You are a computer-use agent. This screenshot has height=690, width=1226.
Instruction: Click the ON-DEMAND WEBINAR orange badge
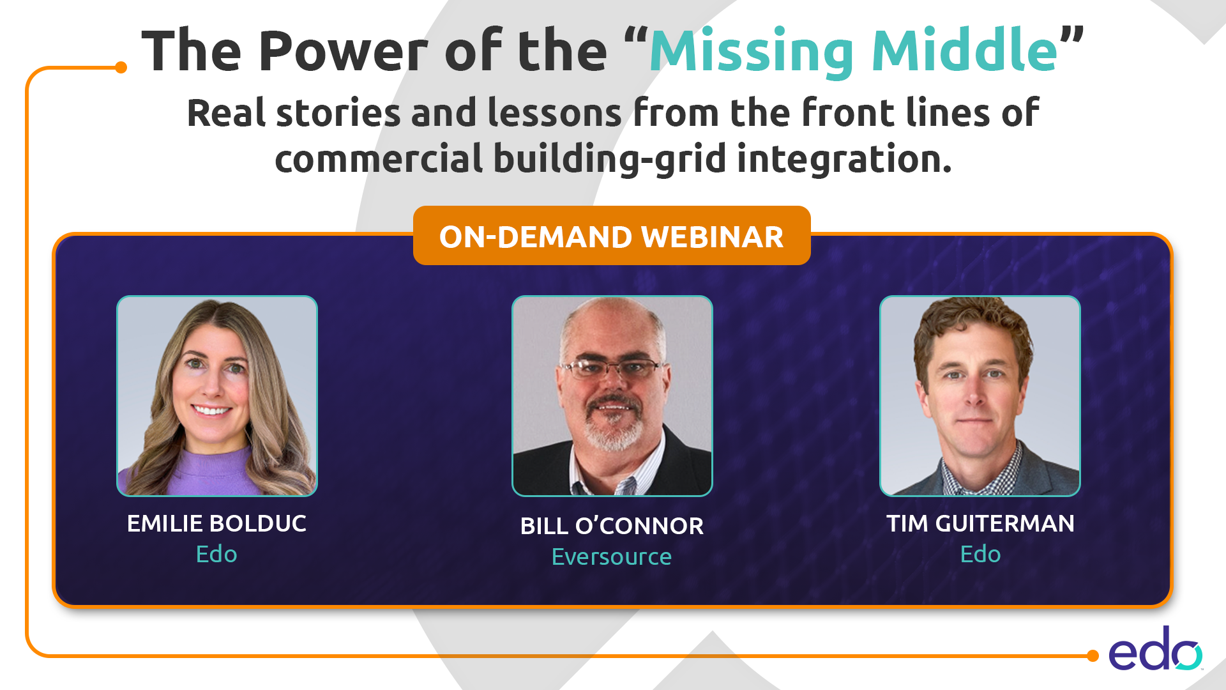tap(612, 235)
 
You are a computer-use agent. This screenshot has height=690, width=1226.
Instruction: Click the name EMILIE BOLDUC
tap(216, 523)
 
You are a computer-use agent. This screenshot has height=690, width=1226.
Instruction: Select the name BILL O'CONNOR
tap(612, 526)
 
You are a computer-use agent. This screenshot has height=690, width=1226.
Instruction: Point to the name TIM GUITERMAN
tap(980, 523)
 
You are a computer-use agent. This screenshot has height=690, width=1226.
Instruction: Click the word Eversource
tap(612, 556)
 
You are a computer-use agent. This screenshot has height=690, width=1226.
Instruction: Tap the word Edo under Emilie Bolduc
tap(216, 554)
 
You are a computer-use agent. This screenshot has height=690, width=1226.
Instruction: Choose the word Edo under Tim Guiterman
tap(980, 554)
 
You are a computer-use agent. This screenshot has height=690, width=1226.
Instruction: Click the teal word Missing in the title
tap(752, 52)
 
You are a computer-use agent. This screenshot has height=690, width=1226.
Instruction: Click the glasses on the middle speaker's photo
tap(612, 368)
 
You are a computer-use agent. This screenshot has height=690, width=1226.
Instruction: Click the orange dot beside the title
tap(121, 67)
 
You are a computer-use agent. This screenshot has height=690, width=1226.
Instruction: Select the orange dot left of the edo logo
tap(1093, 655)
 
